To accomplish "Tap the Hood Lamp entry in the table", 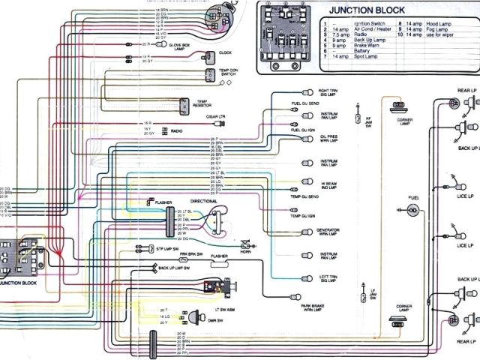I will [x=432, y=24].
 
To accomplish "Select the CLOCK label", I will [x=225, y=53].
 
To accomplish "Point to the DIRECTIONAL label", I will [x=204, y=202].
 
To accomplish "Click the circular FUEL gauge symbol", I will [x=412, y=211].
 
